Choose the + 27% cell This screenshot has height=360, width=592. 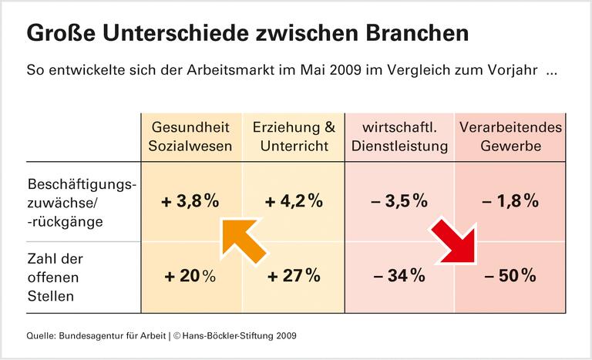point(294,276)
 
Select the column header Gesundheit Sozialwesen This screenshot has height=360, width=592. point(191,136)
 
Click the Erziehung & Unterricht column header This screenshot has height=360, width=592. point(294,136)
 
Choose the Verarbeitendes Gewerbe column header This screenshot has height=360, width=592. point(510,136)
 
